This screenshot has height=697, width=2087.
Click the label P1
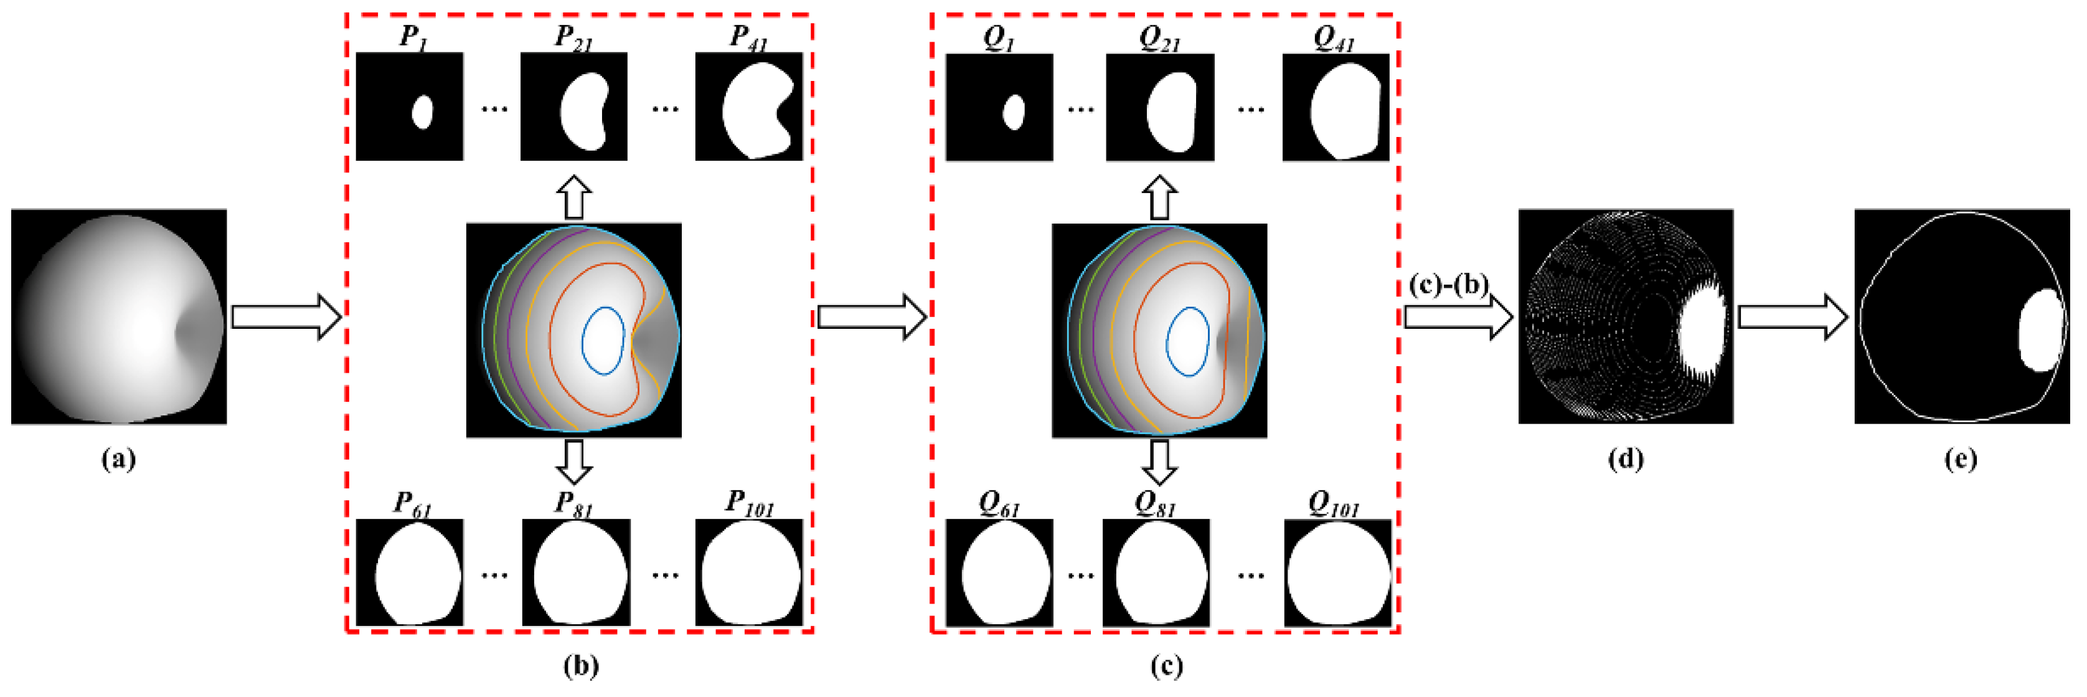[413, 37]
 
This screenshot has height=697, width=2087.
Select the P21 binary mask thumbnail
[573, 107]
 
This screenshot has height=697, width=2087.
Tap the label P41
[748, 37]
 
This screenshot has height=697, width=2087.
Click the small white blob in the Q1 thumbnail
[1013, 112]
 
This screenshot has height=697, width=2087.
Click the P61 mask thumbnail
[410, 572]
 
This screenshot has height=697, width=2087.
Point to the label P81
[573, 504]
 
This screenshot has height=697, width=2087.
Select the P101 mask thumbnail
[748, 572]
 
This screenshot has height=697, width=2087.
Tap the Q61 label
[999, 504]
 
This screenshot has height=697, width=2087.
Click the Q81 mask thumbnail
[1156, 572]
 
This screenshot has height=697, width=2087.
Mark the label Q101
[1334, 504]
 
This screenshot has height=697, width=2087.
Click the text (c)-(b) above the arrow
[1448, 285]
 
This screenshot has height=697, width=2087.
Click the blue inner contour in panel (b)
[583, 340]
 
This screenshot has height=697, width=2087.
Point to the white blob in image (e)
[2040, 331]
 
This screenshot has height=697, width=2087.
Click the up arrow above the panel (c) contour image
[1159, 197]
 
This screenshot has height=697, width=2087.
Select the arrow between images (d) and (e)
[1792, 316]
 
